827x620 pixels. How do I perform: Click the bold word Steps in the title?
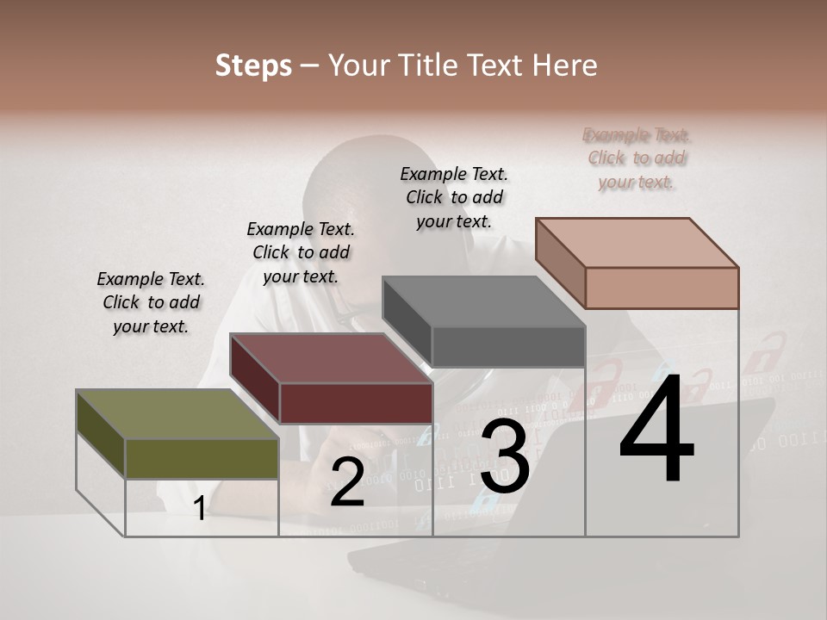[x=253, y=65]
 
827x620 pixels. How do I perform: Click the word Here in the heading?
[x=565, y=65]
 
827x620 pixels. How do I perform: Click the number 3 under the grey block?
[x=505, y=458]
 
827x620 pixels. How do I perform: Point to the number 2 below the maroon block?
[x=347, y=483]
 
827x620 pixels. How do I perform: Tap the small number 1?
[x=199, y=509]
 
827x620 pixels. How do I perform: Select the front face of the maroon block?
[x=356, y=403]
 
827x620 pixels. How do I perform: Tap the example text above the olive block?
[x=151, y=302]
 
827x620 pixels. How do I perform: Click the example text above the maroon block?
[x=301, y=252]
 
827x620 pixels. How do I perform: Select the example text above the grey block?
[x=454, y=197]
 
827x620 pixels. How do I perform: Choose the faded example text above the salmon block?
[x=637, y=158]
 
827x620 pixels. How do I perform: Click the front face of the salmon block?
[x=662, y=288]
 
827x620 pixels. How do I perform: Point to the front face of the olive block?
[x=202, y=458]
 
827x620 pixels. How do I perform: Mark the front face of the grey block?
[x=508, y=346]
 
